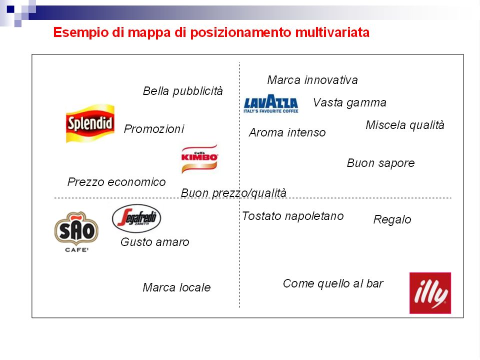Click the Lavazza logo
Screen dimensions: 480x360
pyautogui.click(x=271, y=103)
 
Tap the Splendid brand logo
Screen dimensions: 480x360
pyautogui.click(x=90, y=123)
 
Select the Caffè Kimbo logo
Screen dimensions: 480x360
pyautogui.click(x=199, y=158)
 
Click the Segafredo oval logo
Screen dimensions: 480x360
pyautogui.click(x=136, y=218)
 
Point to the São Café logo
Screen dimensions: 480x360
pyautogui.click(x=76, y=231)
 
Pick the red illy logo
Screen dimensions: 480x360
pyautogui.click(x=430, y=293)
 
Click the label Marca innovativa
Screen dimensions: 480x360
pyautogui.click(x=312, y=80)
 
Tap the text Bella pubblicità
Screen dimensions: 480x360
pyautogui.click(x=183, y=91)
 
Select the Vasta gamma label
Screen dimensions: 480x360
pyautogui.click(x=349, y=103)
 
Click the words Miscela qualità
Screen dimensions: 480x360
pyautogui.click(x=404, y=125)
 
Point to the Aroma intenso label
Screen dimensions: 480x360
pyautogui.click(x=287, y=132)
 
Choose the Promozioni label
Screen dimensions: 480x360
pyautogui.click(x=153, y=129)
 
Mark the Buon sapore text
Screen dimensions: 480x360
pyautogui.click(x=380, y=163)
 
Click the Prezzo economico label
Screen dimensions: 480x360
pyautogui.click(x=116, y=182)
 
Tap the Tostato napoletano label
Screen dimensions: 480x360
pyautogui.click(x=292, y=216)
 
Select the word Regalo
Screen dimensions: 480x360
pyautogui.click(x=392, y=220)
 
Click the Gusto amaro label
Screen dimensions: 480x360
pyautogui.click(x=154, y=242)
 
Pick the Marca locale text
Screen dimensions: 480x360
pyautogui.click(x=176, y=288)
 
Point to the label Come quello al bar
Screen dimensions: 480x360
pyautogui.click(x=333, y=284)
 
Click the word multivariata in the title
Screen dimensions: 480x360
pyautogui.click(x=332, y=32)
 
